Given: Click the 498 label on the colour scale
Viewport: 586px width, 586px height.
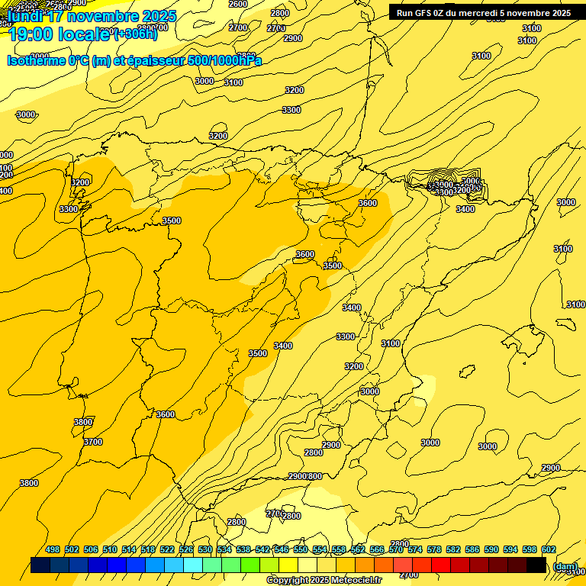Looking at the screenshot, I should pos(53,549).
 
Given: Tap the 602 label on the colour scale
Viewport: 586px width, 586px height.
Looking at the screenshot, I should pos(549,549).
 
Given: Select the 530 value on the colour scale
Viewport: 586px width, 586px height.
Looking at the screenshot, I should pos(205,549).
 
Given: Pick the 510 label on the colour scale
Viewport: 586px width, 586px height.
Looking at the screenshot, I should pos(110,549).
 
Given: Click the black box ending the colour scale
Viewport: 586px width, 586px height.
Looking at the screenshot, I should pos(536,565).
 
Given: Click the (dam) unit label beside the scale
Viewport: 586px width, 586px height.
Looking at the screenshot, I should pos(565,566).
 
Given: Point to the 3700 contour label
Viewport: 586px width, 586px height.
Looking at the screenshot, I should pos(93,442).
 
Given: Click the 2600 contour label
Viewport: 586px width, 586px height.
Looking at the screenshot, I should pos(238,4).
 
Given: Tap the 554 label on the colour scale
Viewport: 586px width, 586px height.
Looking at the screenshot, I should pos(320,549).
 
